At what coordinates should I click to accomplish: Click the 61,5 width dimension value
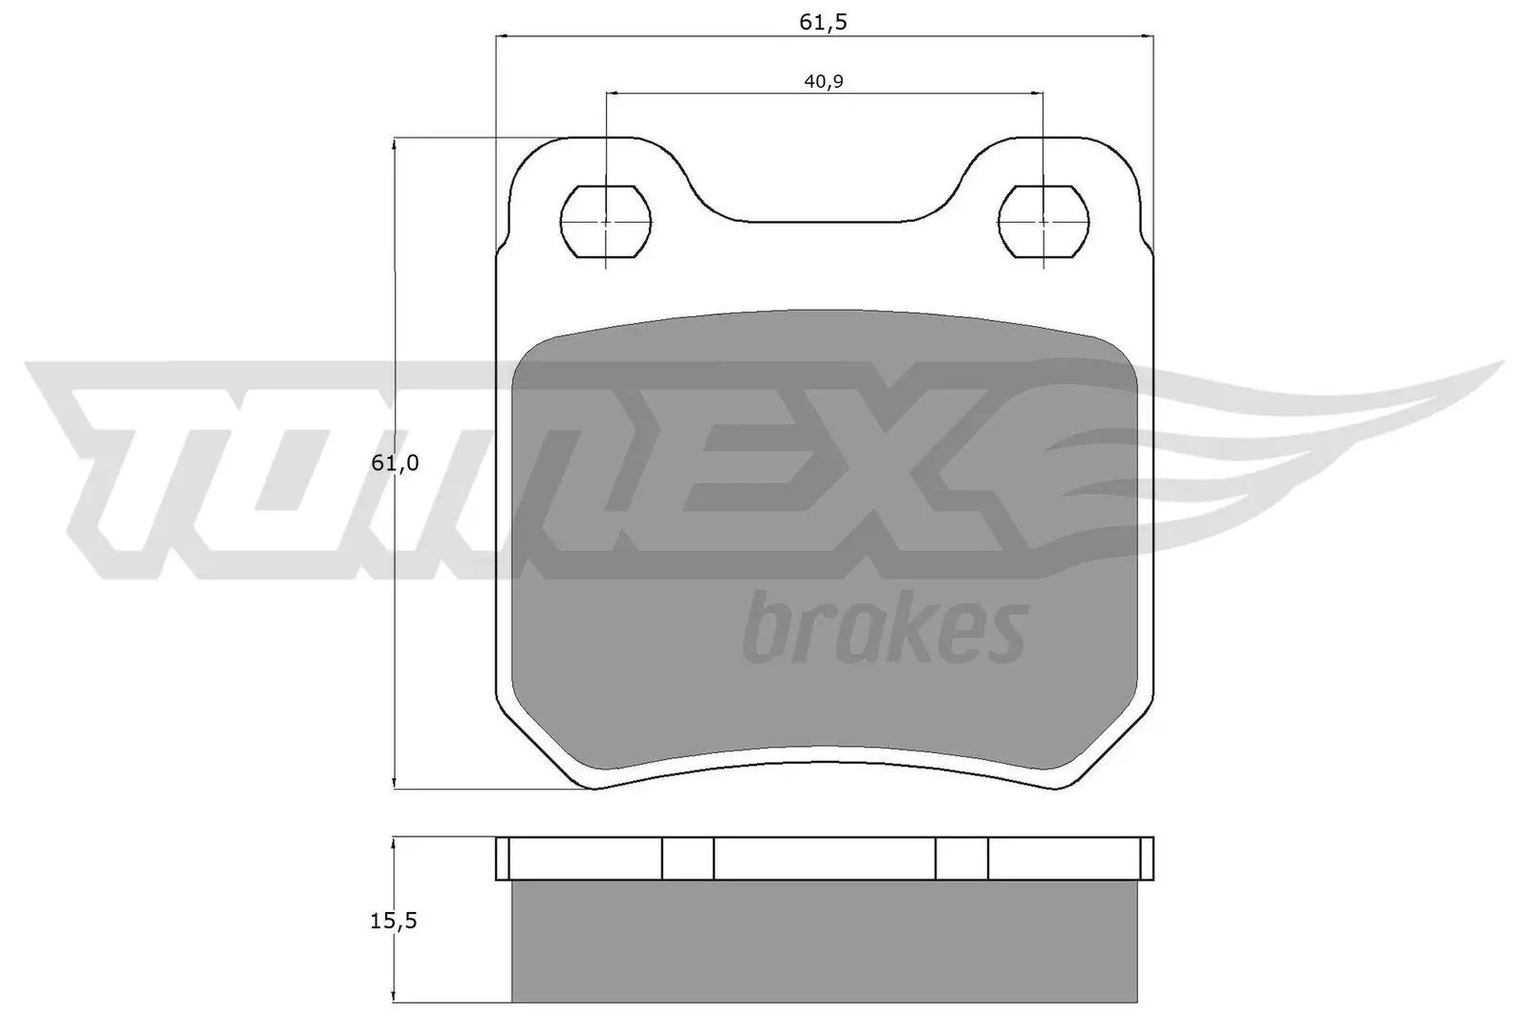coord(824,21)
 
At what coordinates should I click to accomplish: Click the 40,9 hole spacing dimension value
coord(824,81)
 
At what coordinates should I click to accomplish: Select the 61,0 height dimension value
coord(396,463)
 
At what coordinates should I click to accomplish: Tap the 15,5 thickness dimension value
coord(395,922)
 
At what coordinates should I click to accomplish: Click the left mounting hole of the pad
coord(606,222)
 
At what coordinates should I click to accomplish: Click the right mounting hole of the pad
coord(1043,222)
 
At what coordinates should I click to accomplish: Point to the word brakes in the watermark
coord(885,628)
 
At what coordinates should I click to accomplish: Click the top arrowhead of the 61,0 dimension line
coord(395,144)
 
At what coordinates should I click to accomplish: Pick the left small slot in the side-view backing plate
coord(687,858)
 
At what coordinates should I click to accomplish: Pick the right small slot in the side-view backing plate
coord(961,858)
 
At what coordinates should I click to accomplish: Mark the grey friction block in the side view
coord(825,941)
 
